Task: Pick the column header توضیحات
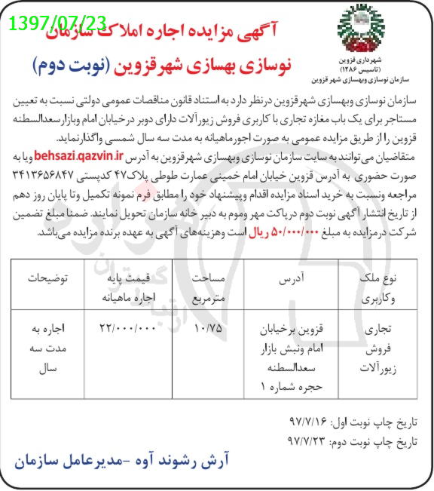pos(44,278)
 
